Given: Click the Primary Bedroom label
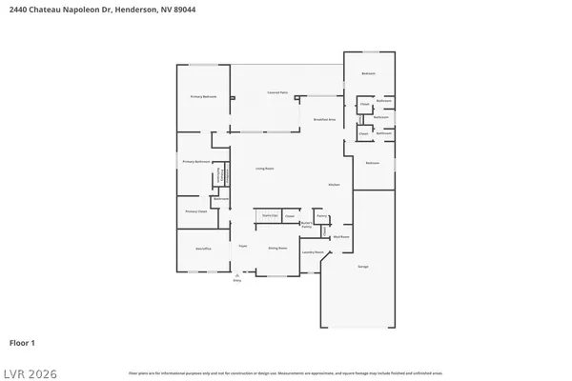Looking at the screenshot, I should [202, 97].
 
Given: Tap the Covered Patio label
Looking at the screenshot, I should [277, 92].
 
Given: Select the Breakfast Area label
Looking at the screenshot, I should [323, 119].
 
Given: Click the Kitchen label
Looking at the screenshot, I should [334, 184].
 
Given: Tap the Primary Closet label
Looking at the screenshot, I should [196, 211].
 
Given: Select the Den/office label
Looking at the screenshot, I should [203, 248].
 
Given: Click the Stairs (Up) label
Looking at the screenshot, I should [268, 216].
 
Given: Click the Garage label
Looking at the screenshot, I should [362, 267].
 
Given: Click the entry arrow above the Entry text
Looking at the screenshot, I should [236, 275].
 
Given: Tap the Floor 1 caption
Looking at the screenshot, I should [22, 341].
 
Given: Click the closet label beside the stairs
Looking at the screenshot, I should [289, 216].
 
